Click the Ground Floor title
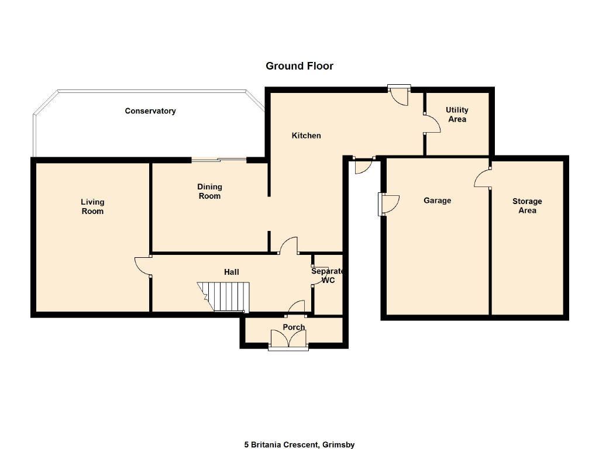click(x=299, y=66)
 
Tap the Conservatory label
click(x=150, y=111)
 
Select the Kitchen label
click(x=306, y=136)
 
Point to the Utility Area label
click(x=457, y=115)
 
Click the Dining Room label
click(x=209, y=191)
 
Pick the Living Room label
click(x=92, y=206)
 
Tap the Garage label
click(x=437, y=201)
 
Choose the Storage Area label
click(x=527, y=206)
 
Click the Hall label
click(x=232, y=272)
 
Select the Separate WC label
click(x=328, y=276)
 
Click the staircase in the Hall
click(x=223, y=297)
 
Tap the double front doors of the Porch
click(x=288, y=339)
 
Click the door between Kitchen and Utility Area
click(x=432, y=123)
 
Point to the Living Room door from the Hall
click(x=142, y=266)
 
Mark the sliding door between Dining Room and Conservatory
click(x=219, y=160)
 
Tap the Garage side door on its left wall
click(x=388, y=204)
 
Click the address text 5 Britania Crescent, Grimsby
click(x=299, y=444)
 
